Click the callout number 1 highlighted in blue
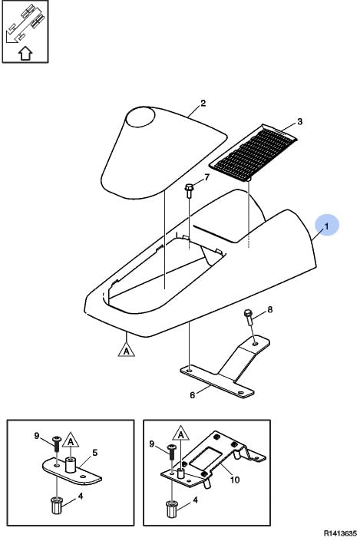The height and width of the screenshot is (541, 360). coord(326,226)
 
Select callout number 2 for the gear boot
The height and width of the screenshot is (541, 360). coord(203,103)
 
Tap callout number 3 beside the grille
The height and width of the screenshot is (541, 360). coord(299,121)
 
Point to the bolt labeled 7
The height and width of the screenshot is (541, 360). coord(189,191)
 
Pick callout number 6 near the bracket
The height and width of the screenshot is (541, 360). coord(192,394)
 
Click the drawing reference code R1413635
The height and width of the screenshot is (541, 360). coord(340,533)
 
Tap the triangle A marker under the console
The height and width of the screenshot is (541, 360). coord(127,349)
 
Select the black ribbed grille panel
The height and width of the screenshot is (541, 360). coord(255,153)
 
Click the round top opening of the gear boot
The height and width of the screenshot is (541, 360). coord(140,117)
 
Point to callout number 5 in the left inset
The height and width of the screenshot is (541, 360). coord(95,452)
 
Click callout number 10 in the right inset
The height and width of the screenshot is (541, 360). coord(235,480)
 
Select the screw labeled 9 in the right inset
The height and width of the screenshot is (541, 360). coord(171,452)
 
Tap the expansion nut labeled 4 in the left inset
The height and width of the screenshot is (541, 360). coord(56,506)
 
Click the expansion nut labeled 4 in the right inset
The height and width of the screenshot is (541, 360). coord(171,510)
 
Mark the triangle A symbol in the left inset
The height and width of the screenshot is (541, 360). coord(71,440)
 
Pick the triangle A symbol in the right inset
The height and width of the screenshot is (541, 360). coord(181,434)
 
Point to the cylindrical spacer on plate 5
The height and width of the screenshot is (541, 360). coord(71,465)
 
